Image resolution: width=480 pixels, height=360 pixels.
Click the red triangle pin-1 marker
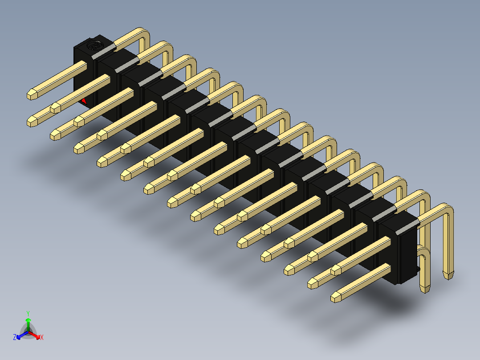point(84,102)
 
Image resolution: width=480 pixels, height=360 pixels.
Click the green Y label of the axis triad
point(28,313)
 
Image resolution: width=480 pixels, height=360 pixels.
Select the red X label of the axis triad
point(42,337)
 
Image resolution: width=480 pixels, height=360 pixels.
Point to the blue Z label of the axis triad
point(15,337)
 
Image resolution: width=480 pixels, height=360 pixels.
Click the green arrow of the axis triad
point(28,324)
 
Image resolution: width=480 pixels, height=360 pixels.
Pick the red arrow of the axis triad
point(34,335)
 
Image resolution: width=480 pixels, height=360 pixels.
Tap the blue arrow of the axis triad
point(22,335)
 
